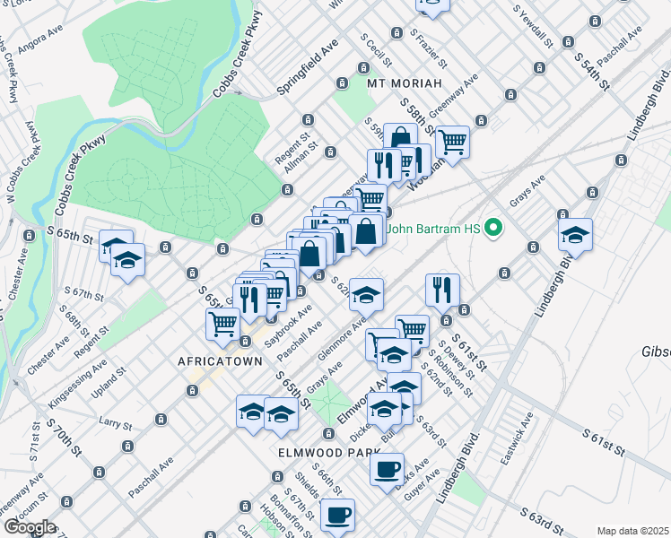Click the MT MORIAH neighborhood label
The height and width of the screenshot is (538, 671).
[405, 82]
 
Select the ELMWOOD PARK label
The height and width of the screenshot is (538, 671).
[323, 453]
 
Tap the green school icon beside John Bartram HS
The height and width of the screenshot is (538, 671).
[492, 230]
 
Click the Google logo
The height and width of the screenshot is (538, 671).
[29, 527]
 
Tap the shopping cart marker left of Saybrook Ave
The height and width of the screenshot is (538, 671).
[222, 323]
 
